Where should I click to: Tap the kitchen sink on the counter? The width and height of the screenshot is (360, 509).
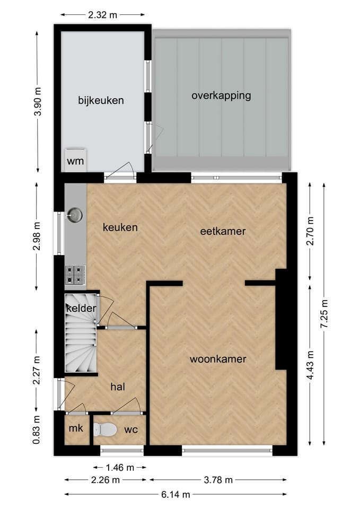[x=75, y=215]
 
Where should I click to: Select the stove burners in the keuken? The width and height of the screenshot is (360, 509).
[x=75, y=274]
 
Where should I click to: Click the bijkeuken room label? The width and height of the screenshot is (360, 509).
[x=101, y=100]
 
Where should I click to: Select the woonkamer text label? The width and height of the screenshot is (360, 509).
[x=218, y=359]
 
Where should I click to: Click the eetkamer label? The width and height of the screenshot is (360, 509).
[x=223, y=231]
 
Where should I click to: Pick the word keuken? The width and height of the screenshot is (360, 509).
[x=120, y=227]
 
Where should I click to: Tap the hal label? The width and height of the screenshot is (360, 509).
[x=117, y=387]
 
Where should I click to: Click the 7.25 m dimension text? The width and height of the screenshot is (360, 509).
[x=324, y=314]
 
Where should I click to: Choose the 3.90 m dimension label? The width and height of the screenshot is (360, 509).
[x=37, y=102]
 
